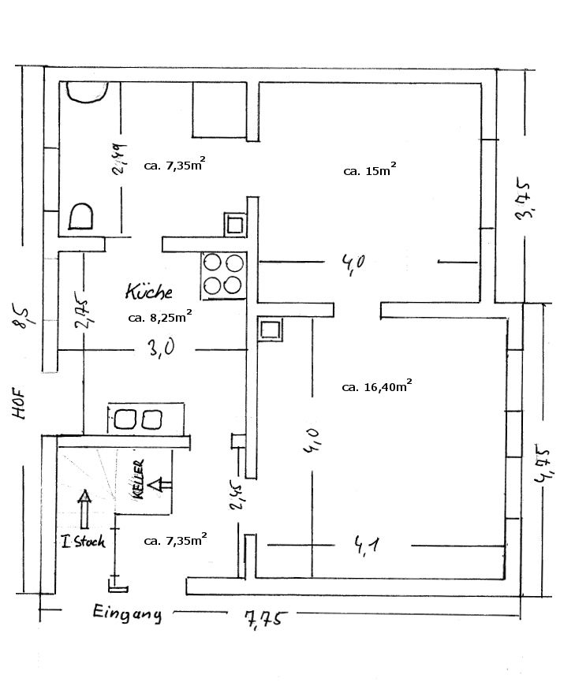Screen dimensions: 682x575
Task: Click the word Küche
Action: pyautogui.click(x=148, y=291)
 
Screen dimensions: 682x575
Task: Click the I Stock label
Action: pyautogui.click(x=83, y=542)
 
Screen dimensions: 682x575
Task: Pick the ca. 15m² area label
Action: pyautogui.click(x=369, y=169)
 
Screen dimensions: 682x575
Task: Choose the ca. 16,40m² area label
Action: pyautogui.click(x=377, y=386)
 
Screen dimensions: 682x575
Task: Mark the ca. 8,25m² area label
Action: pyautogui.click(x=160, y=317)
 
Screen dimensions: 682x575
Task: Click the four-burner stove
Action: pyautogui.click(x=223, y=275)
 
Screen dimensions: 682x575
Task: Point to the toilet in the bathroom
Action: pyautogui.click(x=81, y=214)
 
